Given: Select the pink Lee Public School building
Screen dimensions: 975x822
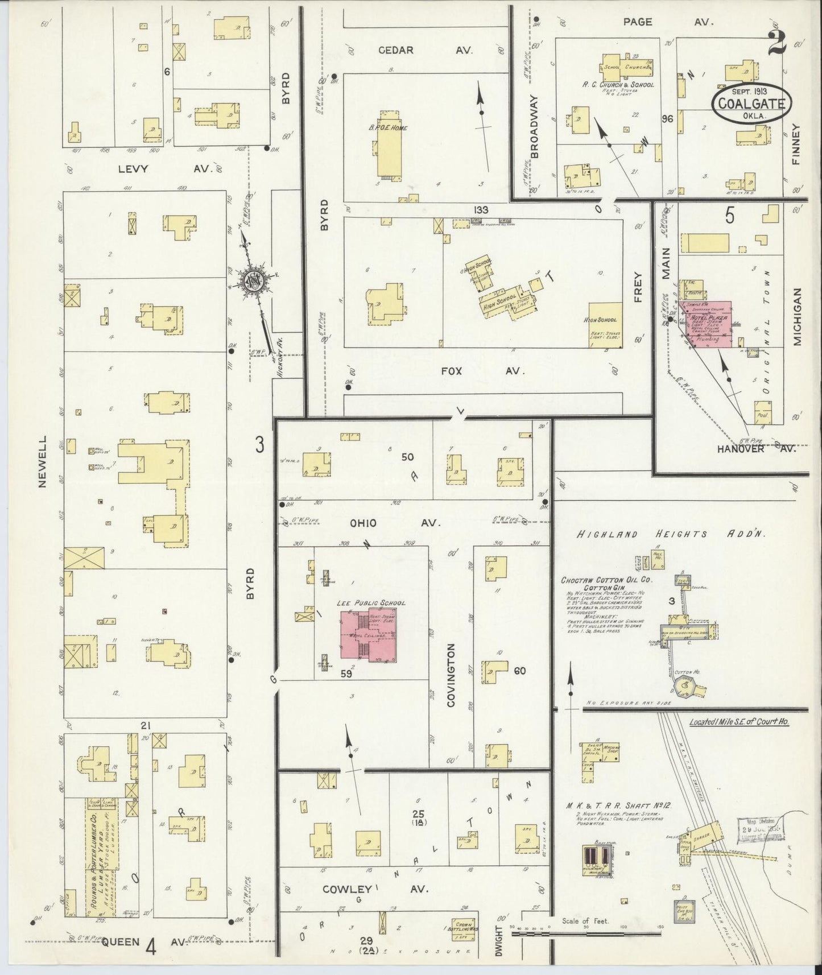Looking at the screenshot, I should tap(370, 636).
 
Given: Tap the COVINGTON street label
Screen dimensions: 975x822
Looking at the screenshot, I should tap(451, 675).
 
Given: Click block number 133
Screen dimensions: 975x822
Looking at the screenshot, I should tap(481, 210).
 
